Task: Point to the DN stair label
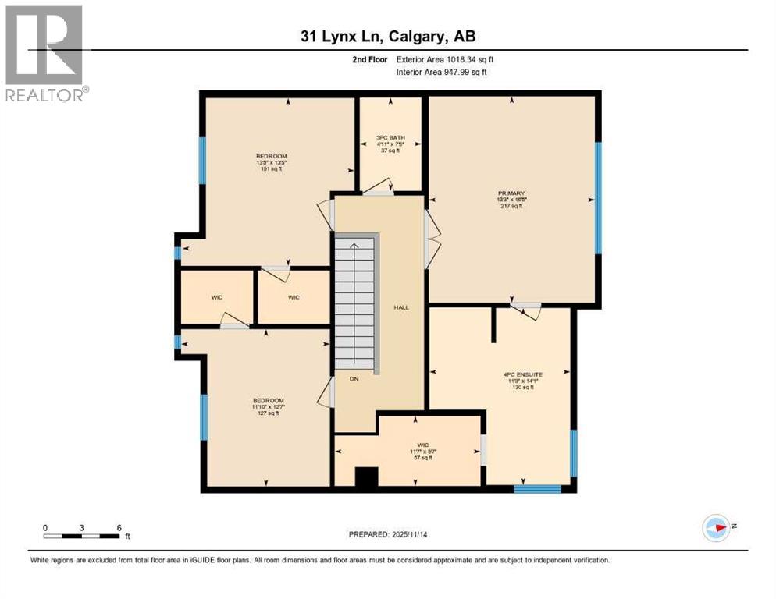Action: pyautogui.click(x=353, y=378)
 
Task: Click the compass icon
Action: pyautogui.click(x=715, y=527)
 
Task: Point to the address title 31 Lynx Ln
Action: pyautogui.click(x=387, y=36)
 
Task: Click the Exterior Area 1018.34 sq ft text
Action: pyautogui.click(x=445, y=58)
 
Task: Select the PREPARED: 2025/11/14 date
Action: pyautogui.click(x=387, y=534)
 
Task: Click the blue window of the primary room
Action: pyautogui.click(x=598, y=198)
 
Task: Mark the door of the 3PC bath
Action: pyautogui.click(x=379, y=188)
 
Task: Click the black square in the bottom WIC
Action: pyautogui.click(x=365, y=477)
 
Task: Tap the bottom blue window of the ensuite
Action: pyautogui.click(x=537, y=489)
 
